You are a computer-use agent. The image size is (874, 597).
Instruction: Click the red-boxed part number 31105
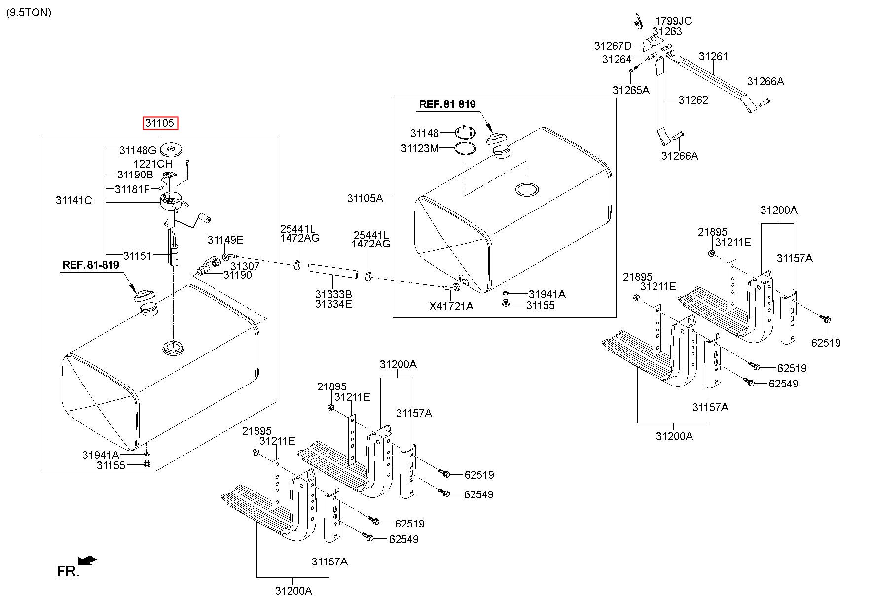[x=160, y=123]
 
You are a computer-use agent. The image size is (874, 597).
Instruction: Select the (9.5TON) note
[x=29, y=13]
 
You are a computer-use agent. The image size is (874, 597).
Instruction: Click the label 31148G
[x=138, y=150]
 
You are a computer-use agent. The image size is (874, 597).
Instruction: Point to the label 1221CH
[x=153, y=164]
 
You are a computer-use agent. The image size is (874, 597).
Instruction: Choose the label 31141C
[x=74, y=200]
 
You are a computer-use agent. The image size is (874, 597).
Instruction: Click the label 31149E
[x=225, y=240]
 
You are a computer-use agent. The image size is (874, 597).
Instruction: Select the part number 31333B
[x=333, y=295]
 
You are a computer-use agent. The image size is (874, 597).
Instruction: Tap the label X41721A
[x=451, y=307]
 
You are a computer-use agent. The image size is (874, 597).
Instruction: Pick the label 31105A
[x=365, y=198]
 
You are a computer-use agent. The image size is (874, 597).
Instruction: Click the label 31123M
[x=420, y=148]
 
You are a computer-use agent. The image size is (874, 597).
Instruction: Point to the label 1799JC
[x=673, y=21]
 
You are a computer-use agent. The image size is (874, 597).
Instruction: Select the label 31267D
[x=613, y=46]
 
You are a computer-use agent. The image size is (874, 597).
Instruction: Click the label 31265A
[x=631, y=90]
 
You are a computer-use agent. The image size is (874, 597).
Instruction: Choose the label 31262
[x=693, y=100]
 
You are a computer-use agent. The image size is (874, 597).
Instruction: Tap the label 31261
[x=713, y=57]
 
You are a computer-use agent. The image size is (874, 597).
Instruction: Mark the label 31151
[x=138, y=256]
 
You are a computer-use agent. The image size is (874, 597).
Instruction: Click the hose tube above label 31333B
[x=332, y=270]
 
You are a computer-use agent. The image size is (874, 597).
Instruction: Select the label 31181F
[x=132, y=189]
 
